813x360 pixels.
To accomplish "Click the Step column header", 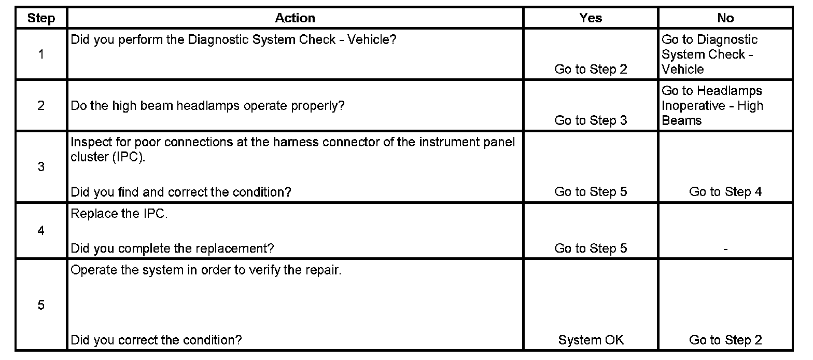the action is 41,18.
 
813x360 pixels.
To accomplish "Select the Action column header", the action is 295,18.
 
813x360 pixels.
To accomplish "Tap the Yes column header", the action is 591,18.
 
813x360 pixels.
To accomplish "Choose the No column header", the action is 725,18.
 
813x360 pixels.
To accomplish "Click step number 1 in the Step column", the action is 41,54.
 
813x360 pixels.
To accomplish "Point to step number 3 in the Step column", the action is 41,167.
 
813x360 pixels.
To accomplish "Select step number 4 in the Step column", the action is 41,231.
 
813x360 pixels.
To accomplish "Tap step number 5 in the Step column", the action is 41,305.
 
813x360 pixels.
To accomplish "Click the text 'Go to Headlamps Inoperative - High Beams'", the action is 712,106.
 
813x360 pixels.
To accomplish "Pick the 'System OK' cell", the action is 591,340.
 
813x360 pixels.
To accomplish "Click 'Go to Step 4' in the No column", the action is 725,192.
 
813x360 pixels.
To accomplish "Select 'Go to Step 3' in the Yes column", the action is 591,120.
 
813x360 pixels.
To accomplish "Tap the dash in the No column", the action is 725,250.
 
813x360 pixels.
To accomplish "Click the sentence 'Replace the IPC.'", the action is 119,214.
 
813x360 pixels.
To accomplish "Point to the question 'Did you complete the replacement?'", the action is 172,248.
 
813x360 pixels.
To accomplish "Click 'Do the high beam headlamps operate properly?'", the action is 207,106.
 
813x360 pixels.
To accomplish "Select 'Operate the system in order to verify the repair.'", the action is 206,271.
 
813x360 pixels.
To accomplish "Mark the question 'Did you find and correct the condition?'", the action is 180,192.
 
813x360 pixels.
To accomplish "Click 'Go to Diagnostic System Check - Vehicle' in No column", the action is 709,54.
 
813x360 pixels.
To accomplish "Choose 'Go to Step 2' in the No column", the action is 725,340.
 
